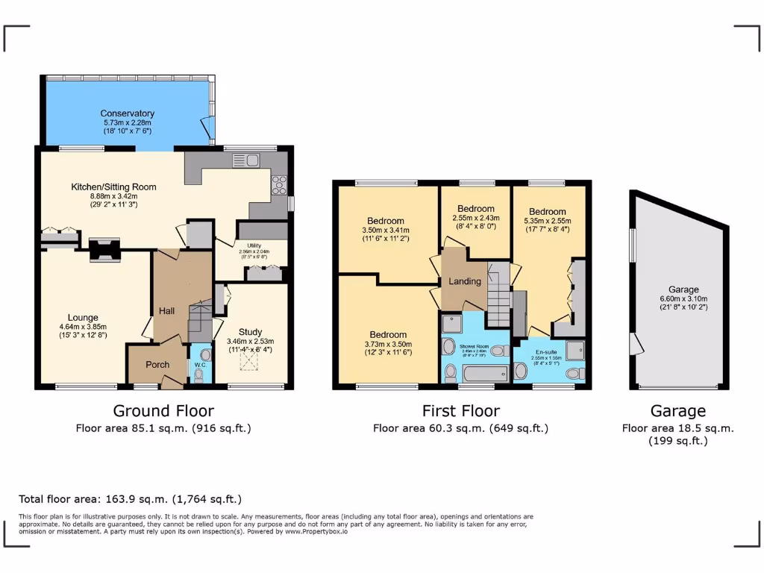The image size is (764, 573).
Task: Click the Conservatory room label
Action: pyautogui.click(x=127, y=113)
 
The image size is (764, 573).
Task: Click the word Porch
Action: pyautogui.click(x=157, y=365)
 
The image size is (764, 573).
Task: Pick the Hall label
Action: pyautogui.click(x=166, y=310)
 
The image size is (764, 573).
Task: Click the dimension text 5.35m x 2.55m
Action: pyautogui.click(x=548, y=221)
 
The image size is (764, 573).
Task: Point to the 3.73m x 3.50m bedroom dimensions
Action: pyautogui.click(x=388, y=344)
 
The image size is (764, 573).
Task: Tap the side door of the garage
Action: pyautogui.click(x=634, y=344)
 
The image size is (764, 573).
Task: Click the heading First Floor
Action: pyautogui.click(x=460, y=411)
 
